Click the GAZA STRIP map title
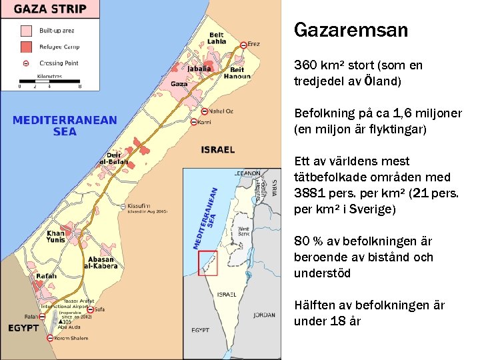51,10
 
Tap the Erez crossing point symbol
244,45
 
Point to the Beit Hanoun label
237,73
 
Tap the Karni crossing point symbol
194,122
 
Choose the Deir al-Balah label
113,158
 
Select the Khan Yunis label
56,237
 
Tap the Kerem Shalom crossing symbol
50,338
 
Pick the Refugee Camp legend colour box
26,47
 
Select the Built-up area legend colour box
26,31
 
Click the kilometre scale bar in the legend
49,82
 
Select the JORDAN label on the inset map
264,315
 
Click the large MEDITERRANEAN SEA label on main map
65,125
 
